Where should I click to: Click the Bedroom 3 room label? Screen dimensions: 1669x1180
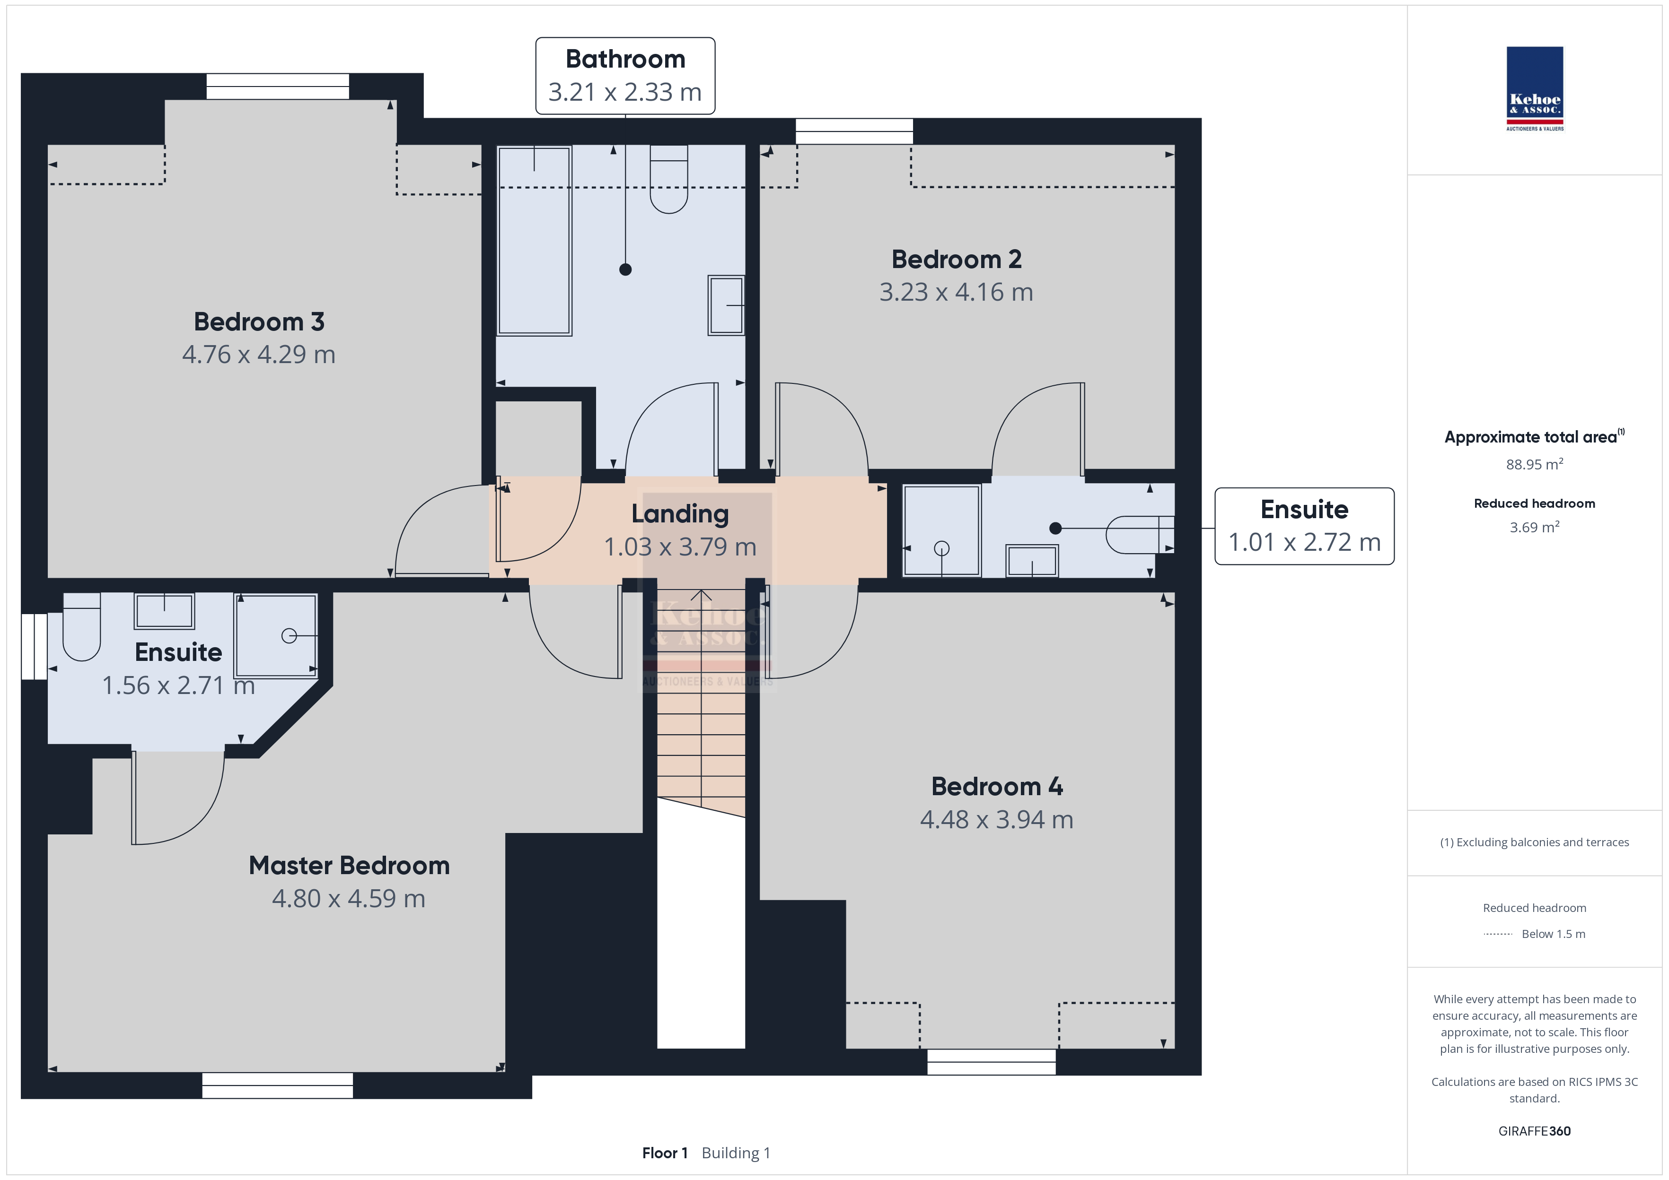(259, 322)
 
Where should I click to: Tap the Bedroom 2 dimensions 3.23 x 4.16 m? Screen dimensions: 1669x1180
(956, 292)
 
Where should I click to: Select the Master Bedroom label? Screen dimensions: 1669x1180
(349, 866)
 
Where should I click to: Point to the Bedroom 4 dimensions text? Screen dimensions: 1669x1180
(997, 820)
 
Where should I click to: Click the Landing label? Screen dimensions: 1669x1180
(680, 514)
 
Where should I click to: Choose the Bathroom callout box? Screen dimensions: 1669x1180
(625, 76)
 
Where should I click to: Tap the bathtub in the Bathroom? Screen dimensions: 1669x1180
(534, 241)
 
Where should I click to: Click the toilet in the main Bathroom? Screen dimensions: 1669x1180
(669, 179)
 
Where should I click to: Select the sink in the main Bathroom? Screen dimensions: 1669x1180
(726, 305)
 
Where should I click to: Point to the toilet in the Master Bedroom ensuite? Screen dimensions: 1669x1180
(81, 626)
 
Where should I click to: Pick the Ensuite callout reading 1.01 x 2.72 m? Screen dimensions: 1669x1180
(1304, 526)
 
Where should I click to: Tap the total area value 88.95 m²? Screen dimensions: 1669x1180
(1535, 464)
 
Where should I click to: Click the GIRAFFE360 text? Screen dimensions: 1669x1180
(1535, 1131)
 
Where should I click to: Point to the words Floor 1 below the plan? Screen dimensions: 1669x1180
(664, 1153)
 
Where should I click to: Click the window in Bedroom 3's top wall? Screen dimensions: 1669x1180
(278, 87)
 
